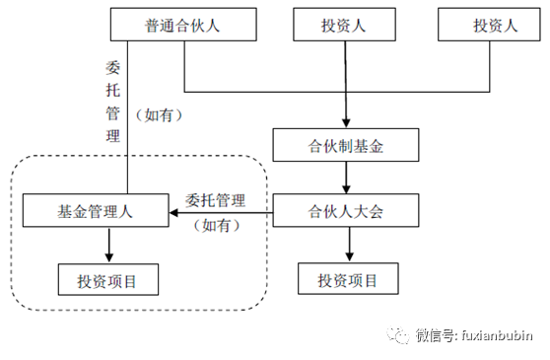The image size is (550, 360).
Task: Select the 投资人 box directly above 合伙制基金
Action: click(x=343, y=26)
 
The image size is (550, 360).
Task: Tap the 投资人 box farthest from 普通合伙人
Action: click(x=490, y=26)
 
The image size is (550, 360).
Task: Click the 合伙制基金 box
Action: click(x=345, y=146)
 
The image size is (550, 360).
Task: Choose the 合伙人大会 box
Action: click(x=345, y=210)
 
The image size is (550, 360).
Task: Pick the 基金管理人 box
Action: click(x=96, y=210)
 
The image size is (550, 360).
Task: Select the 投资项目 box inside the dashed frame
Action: click(x=106, y=280)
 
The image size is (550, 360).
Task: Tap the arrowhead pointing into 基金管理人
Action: click(x=174, y=211)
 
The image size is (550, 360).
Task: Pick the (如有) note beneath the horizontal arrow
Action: click(x=215, y=225)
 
